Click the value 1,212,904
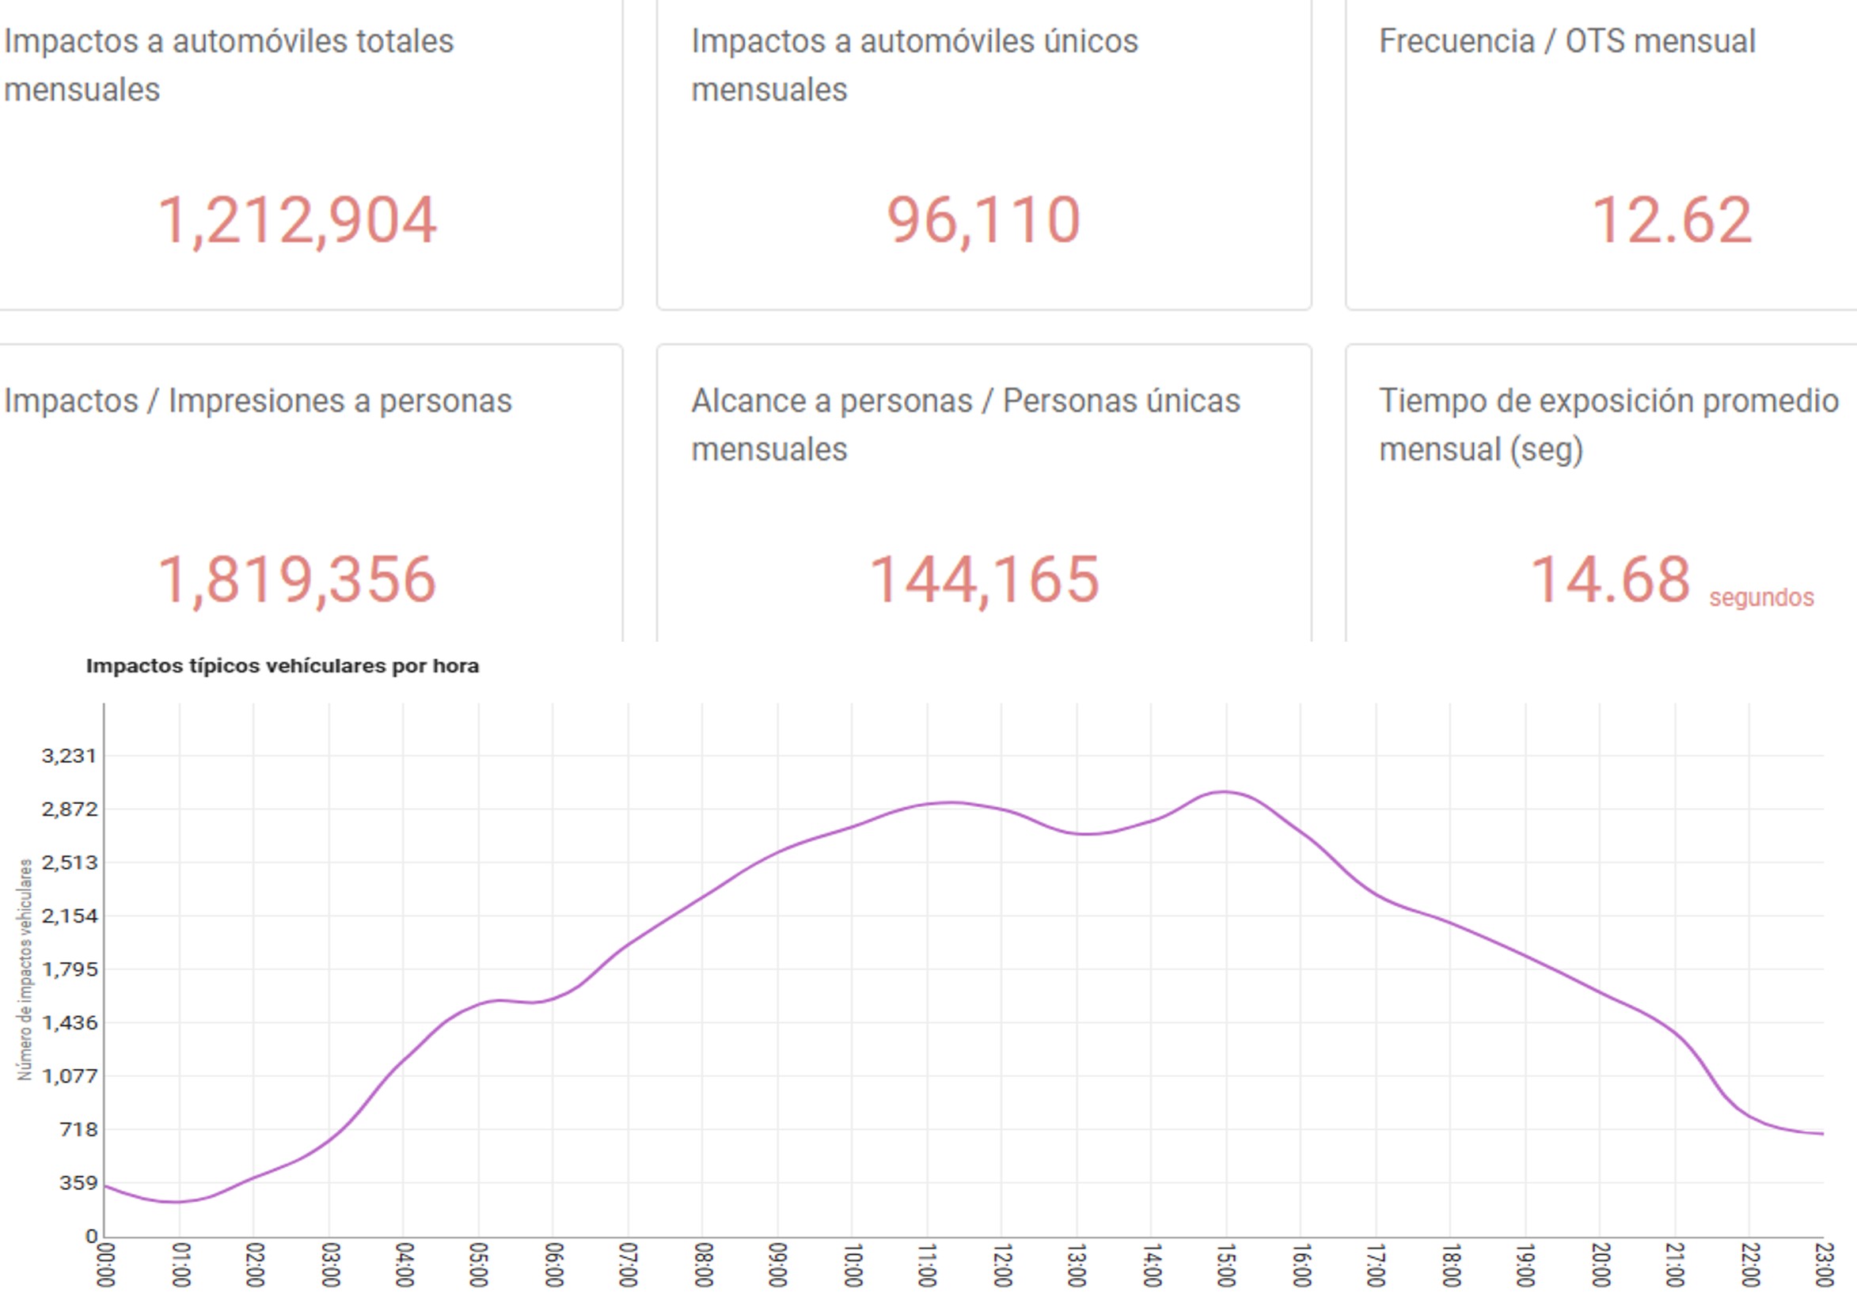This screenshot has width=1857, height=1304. coord(297,220)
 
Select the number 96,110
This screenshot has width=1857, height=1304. coord(983,220)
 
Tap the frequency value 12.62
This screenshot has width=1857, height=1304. coord(1671,220)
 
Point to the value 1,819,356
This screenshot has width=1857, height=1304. coord(297,580)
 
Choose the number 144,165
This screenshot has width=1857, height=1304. coord(983,580)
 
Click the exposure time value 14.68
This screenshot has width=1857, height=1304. coord(1610,580)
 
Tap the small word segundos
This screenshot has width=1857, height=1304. coord(1760,597)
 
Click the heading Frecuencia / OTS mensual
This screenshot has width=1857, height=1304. coord(1566,41)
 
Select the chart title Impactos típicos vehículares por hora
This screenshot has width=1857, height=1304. coord(283,666)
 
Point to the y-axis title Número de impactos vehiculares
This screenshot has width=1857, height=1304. coord(26,969)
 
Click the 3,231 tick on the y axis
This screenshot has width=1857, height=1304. coord(69,756)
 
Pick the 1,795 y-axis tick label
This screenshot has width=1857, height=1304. coord(69,969)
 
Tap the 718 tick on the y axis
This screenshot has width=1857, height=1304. coord(78,1128)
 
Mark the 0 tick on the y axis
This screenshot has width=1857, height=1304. coord(91,1235)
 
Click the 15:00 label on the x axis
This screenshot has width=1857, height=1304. coord(1226,1265)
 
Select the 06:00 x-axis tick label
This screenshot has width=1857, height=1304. coord(553,1265)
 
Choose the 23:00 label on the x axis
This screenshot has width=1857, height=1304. coord(1823,1265)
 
